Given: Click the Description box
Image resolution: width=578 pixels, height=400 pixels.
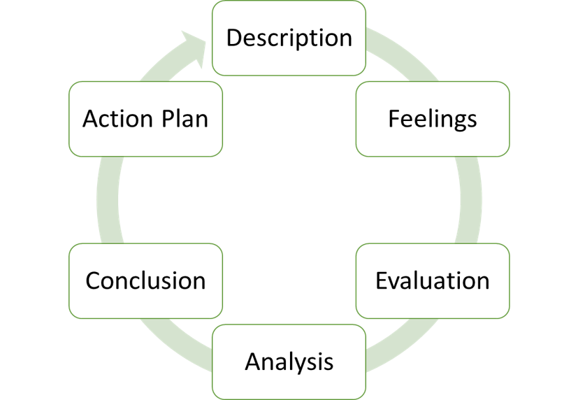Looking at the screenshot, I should (289, 37).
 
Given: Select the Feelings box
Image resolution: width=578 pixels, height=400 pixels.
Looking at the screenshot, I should (432, 118).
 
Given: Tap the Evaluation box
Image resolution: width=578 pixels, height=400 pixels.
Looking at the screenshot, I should (432, 280).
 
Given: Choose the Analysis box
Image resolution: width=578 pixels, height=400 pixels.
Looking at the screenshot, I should (289, 362).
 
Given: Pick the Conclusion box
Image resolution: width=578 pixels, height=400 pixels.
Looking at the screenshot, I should (145, 280).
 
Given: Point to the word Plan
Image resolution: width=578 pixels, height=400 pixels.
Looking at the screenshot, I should (183, 118).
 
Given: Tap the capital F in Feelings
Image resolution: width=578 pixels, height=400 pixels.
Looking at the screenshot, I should (393, 118).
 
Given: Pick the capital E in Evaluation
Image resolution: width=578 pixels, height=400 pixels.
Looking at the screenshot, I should (382, 280).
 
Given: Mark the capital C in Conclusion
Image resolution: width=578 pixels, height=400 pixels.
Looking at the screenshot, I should (94, 280).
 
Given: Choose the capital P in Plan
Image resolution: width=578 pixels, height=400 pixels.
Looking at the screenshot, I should (166, 118).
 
